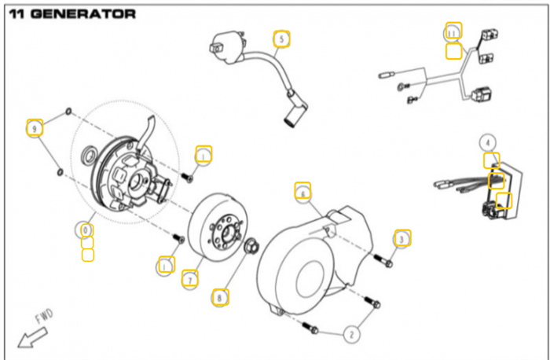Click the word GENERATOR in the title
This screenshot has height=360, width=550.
click(86, 13)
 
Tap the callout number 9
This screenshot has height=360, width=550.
click(33, 127)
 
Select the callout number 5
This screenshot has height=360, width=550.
click(281, 39)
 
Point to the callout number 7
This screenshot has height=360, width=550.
click(189, 278)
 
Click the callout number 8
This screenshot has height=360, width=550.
click(221, 296)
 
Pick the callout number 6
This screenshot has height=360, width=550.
click(302, 191)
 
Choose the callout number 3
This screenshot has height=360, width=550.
click(401, 237)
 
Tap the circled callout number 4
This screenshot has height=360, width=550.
click(489, 142)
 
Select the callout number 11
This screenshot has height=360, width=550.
click(453, 31)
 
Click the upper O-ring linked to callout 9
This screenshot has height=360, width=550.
click(69, 111)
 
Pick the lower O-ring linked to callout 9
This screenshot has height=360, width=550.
click(59, 170)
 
